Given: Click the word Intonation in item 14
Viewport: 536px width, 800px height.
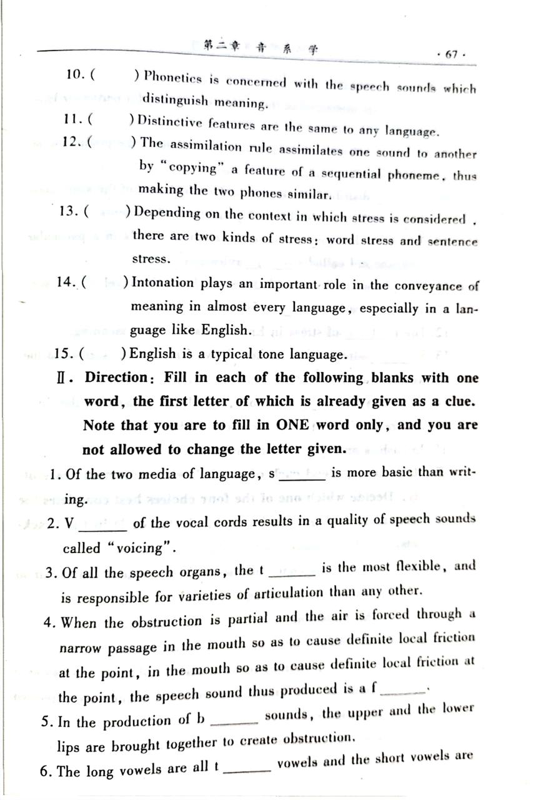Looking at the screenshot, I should click(162, 283).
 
